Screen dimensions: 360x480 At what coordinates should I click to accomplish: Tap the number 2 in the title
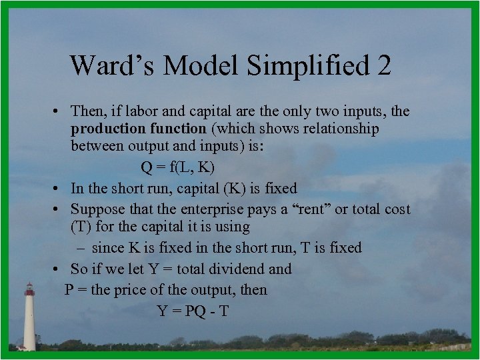pos(383,65)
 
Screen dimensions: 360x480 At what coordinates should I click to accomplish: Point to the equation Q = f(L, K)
pos(177,167)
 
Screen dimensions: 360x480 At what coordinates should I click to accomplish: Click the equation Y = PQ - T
pos(193,311)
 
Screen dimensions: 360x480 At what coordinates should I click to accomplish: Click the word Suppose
pos(97,209)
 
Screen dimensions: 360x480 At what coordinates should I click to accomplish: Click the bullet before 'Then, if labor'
pos(59,111)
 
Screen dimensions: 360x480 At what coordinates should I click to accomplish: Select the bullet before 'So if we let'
pos(59,269)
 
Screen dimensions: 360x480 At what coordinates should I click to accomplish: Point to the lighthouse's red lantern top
pos(29,289)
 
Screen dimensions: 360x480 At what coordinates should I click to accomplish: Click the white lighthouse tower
pos(29,323)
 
